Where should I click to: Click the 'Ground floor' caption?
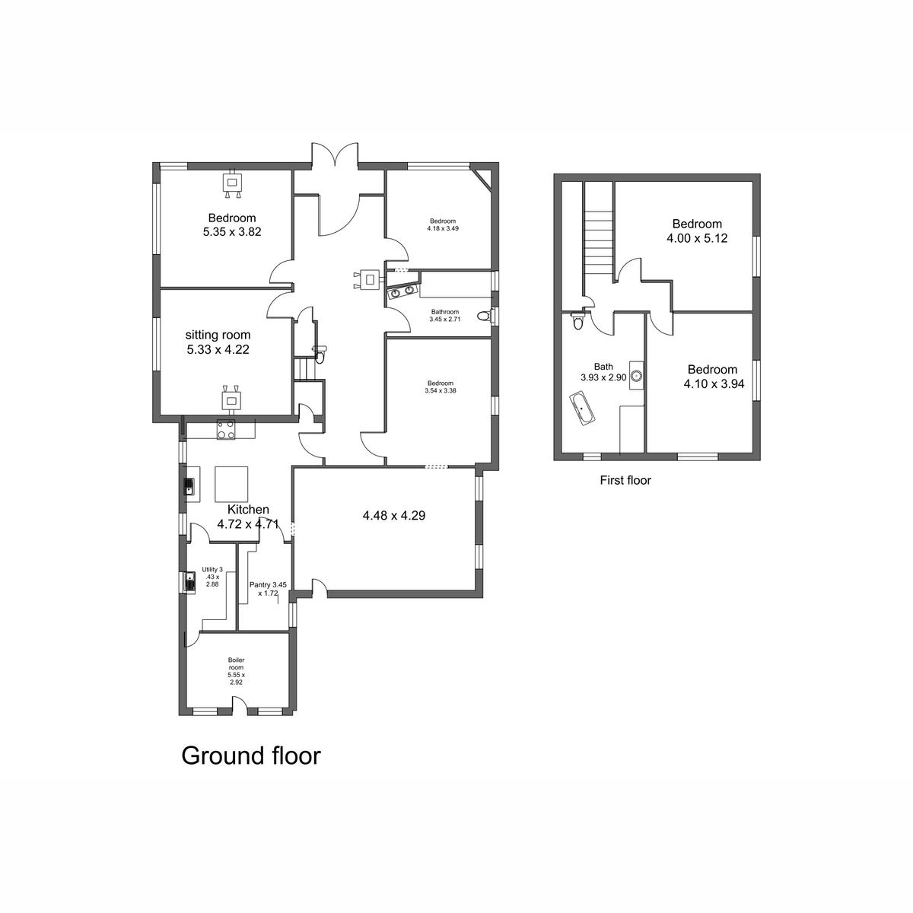250,756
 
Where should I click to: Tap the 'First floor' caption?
625,480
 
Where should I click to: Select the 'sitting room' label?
218,335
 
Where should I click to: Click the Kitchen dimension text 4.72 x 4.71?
248,524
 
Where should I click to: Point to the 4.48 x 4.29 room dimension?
393,515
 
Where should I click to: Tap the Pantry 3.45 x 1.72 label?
268,589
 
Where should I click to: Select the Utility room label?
212,577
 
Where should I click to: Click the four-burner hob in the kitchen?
226,430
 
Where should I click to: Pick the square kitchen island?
232,484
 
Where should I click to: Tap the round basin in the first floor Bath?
636,376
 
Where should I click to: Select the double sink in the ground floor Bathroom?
402,292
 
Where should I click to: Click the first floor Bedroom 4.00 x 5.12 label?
697,231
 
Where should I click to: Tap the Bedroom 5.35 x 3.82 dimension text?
232,232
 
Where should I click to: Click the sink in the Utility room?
189,582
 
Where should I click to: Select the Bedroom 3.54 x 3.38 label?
441,387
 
